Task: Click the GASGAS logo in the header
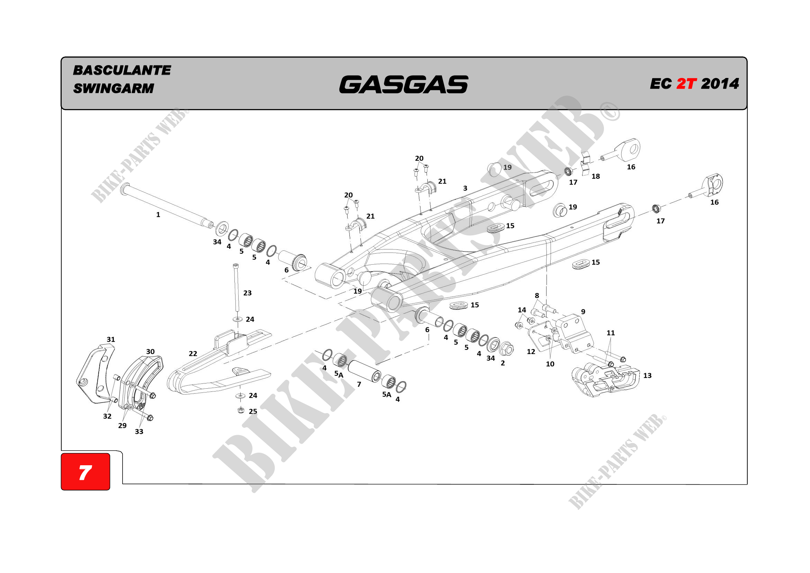coord(403,85)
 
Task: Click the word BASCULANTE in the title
coord(122,70)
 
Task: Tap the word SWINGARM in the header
coord(113,88)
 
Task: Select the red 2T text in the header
coord(686,84)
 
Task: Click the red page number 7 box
coord(86,472)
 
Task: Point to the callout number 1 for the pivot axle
coord(158,214)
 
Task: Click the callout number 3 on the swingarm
coord(465,188)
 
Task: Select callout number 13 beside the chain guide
coord(647,376)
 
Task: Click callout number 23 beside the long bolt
coord(247,293)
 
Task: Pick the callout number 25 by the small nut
coord(253,412)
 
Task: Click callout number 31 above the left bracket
coord(111,340)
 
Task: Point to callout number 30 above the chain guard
coord(150,351)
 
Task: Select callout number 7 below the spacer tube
coord(359,384)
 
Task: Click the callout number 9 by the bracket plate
coord(583,311)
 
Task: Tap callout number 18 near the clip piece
coord(596,176)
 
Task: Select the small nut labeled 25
coord(241,410)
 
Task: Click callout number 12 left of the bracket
coord(531,351)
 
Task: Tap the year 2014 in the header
coord(720,84)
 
